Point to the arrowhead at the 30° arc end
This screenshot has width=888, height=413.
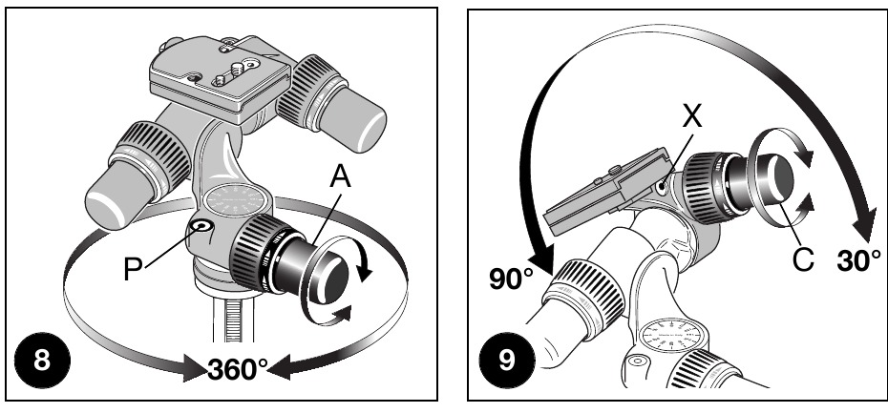(x=864, y=228)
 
